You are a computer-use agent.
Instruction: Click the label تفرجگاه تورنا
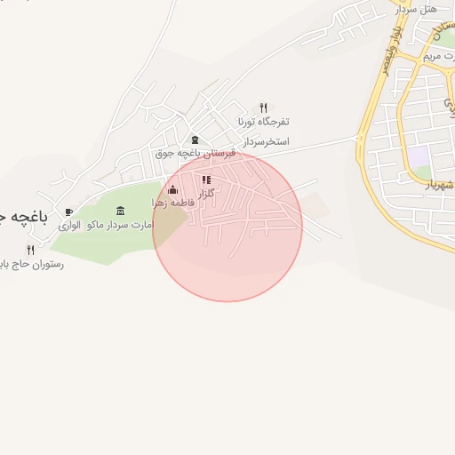263,121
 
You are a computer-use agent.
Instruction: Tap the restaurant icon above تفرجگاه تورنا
263,108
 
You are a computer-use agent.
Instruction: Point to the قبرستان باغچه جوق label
196,153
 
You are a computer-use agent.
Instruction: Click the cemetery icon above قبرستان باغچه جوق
196,140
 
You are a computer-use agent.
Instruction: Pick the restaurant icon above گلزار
206,180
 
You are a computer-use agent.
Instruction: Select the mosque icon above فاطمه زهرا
172,189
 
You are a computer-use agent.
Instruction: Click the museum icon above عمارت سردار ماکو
121,211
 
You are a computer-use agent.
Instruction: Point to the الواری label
70,226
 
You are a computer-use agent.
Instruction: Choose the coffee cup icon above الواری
69,212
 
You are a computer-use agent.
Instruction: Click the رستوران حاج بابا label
32,264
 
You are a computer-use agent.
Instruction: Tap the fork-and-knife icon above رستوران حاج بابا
31,250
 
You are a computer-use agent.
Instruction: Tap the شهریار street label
439,184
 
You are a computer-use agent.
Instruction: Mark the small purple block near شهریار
418,154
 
